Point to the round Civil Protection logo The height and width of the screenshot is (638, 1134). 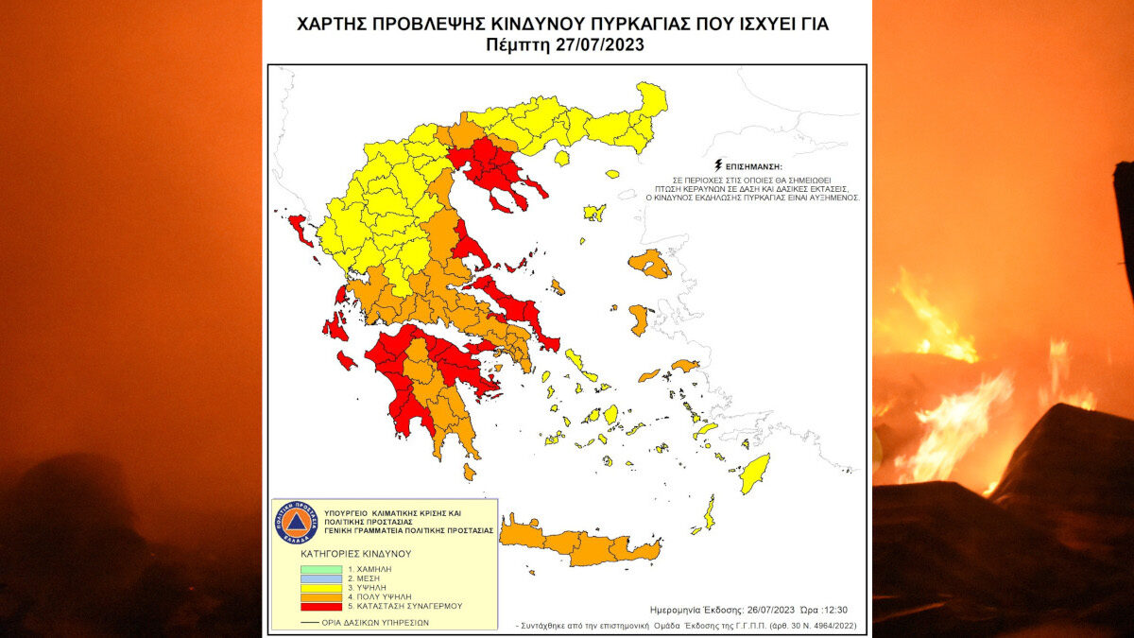click(294, 523)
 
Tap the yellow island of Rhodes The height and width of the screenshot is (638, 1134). click(755, 473)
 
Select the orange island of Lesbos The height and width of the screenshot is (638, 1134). click(651, 263)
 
